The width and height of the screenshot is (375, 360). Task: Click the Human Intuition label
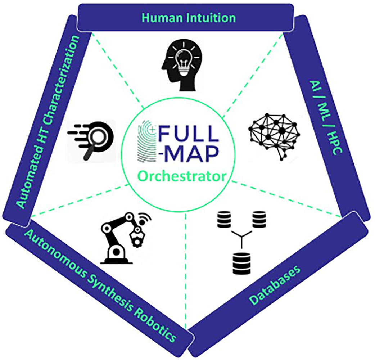tap(189, 17)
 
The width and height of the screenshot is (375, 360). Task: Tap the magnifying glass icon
tap(94, 139)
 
